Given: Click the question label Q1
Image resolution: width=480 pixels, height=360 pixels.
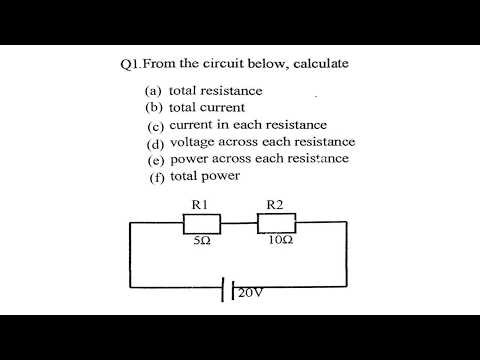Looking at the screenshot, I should point(128,64).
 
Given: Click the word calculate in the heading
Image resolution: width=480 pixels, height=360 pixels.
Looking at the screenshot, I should point(318,64).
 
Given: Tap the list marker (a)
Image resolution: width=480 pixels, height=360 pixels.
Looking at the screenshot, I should point(154,90).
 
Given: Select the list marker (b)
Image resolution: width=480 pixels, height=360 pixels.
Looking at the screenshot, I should point(154,107).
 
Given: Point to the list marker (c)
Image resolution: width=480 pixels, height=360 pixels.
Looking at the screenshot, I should point(155,125).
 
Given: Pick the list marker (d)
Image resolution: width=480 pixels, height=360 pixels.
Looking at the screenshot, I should point(155,142).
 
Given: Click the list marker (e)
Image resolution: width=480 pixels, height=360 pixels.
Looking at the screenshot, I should point(155,159).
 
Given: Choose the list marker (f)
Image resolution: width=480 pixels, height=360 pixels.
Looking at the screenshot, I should point(155,177).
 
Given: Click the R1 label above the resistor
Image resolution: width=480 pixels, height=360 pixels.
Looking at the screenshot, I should point(198,205).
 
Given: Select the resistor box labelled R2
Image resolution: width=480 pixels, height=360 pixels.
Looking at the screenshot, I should point(278,223).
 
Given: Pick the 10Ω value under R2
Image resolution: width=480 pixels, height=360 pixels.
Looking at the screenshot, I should point(280,241).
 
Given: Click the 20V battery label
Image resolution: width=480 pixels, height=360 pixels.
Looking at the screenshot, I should point(250,292).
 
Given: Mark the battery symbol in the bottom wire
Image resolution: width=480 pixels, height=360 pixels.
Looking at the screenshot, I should point(227,289).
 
